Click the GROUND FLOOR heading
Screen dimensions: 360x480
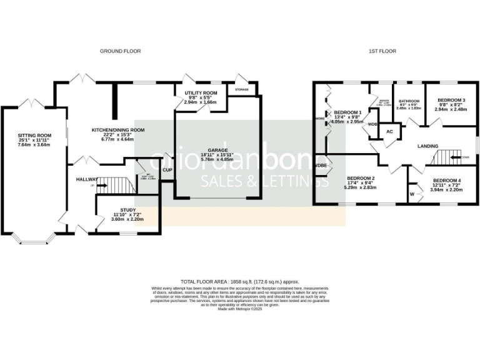120,51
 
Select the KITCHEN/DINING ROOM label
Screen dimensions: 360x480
118,130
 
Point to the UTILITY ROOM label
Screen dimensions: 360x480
201,93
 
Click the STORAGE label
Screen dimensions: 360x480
242,89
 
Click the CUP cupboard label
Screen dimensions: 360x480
167,170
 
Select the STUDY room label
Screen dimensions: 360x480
127,211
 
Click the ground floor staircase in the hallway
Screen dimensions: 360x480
118,185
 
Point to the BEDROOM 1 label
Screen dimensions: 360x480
347,112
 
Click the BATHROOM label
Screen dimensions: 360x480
409,100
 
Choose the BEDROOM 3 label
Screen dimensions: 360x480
451,100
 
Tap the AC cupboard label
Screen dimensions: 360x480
389,132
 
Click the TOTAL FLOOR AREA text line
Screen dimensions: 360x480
240,282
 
